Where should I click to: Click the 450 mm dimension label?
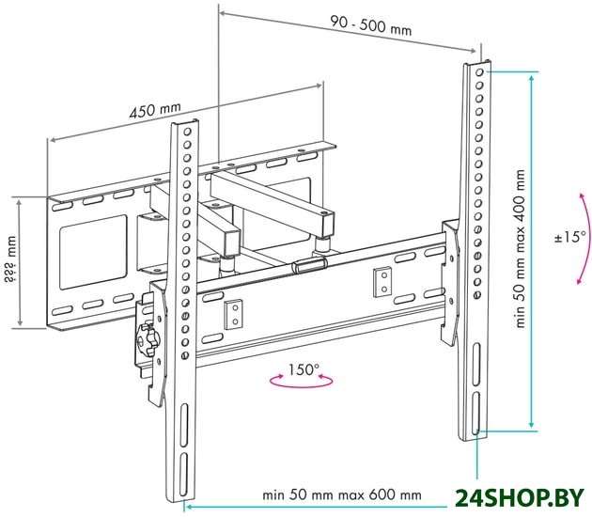click(155, 109)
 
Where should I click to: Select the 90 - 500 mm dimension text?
click(371, 25)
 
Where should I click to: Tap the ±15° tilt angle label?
click(570, 237)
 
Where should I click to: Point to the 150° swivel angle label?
click(304, 369)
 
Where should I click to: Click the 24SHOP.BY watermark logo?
click(520, 499)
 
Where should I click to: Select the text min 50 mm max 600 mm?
click(342, 494)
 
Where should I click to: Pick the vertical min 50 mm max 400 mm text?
click(521, 248)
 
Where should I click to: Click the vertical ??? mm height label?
click(10, 259)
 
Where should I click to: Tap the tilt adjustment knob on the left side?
click(146, 338)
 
